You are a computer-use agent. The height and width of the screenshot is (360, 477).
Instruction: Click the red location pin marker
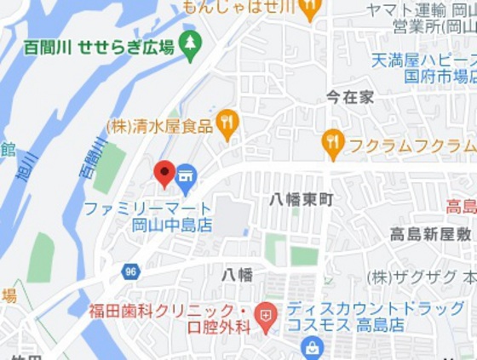pos(164,173)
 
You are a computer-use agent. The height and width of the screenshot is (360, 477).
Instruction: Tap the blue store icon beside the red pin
pos(187,178)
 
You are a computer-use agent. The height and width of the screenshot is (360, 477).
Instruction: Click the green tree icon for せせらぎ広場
pos(190,43)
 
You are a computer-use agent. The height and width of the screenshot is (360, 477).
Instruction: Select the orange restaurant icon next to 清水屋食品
pos(227,123)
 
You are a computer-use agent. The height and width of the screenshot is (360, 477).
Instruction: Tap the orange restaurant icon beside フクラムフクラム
pos(333,143)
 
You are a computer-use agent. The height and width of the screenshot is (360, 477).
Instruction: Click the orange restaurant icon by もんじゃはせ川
pos(309,9)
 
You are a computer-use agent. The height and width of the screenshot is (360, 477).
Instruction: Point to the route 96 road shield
pos(130,271)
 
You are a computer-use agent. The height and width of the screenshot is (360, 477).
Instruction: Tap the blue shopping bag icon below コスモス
pos(313,347)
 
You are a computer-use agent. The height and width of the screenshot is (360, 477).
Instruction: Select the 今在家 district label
pos(350,97)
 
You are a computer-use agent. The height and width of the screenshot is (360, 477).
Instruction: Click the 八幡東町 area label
pos(302,199)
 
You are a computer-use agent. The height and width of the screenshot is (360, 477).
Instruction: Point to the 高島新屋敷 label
pos(431,234)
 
